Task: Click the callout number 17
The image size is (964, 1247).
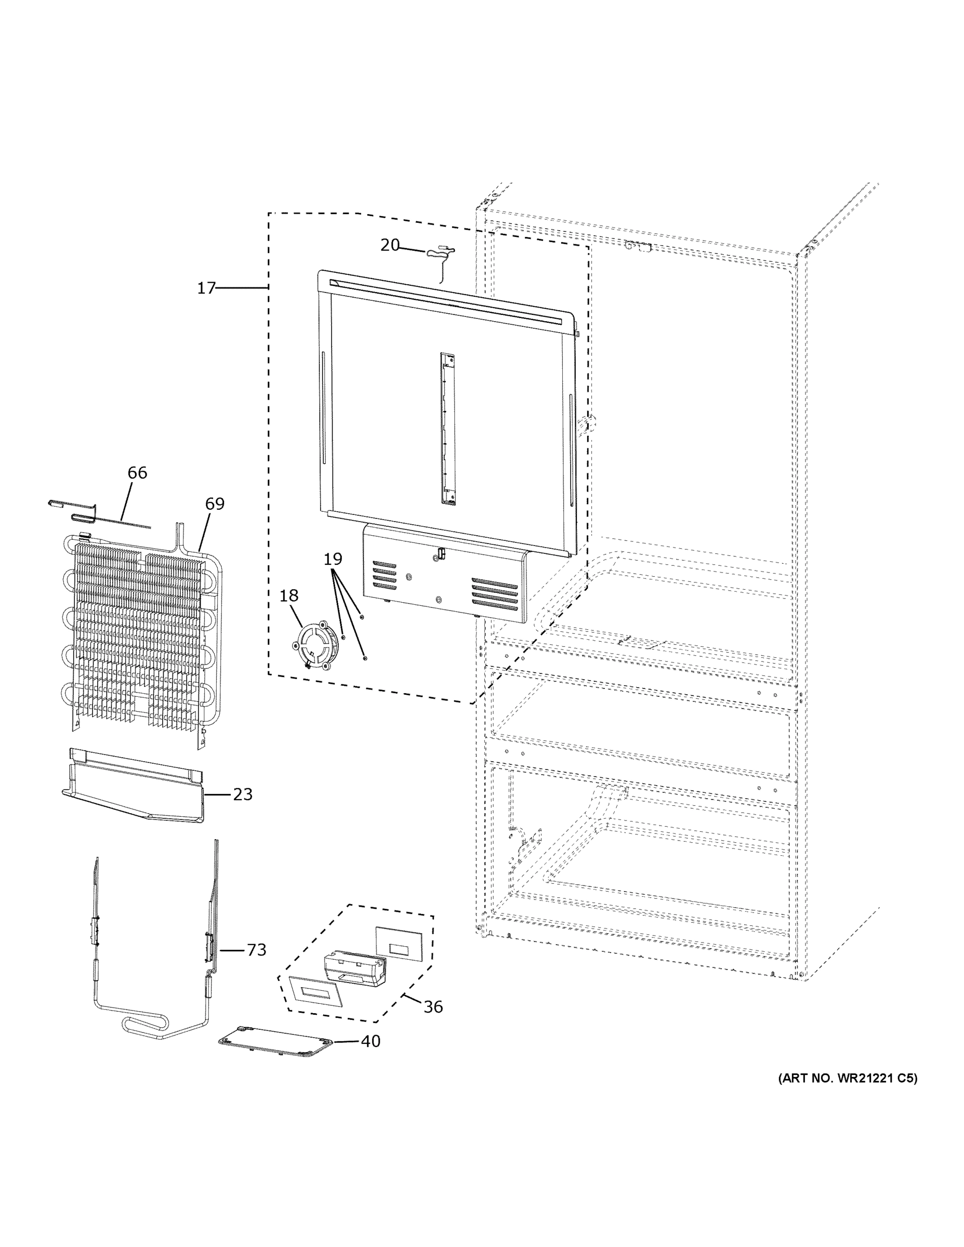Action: [x=206, y=288]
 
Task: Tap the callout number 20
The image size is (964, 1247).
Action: [x=390, y=245]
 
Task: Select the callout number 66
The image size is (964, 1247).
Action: [x=137, y=473]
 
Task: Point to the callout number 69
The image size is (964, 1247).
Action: [x=215, y=503]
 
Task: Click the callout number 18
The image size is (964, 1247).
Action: [x=288, y=595]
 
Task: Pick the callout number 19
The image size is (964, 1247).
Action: [x=333, y=559]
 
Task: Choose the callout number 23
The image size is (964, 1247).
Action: [x=243, y=794]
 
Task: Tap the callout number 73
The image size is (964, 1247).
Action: [x=256, y=949]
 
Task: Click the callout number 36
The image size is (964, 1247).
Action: [x=433, y=1006]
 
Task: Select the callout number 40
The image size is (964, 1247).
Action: [x=370, y=1041]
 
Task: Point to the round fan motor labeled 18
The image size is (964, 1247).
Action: [x=313, y=646]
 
